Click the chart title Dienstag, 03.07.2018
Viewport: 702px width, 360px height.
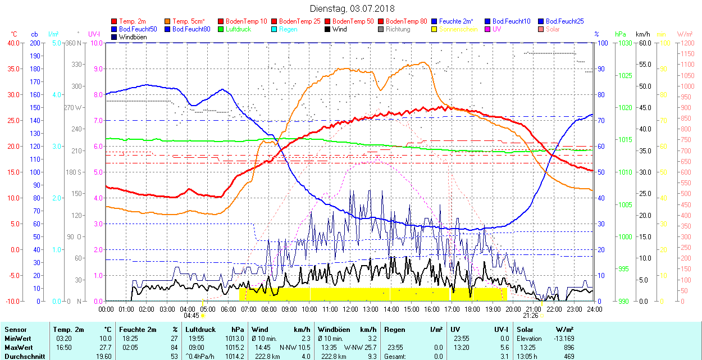point(352,8)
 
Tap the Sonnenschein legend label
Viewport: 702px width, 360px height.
point(458,29)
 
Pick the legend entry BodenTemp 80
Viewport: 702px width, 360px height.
point(407,21)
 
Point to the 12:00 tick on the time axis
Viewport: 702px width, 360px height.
point(350,309)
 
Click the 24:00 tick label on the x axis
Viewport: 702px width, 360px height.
point(594,309)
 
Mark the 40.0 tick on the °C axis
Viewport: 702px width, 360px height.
point(12,43)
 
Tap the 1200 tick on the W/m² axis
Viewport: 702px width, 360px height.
point(686,43)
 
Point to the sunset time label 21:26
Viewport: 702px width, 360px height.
point(530,316)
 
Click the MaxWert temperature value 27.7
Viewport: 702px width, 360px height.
point(105,347)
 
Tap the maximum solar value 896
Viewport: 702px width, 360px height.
point(568,347)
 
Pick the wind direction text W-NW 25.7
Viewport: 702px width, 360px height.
point(359,347)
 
